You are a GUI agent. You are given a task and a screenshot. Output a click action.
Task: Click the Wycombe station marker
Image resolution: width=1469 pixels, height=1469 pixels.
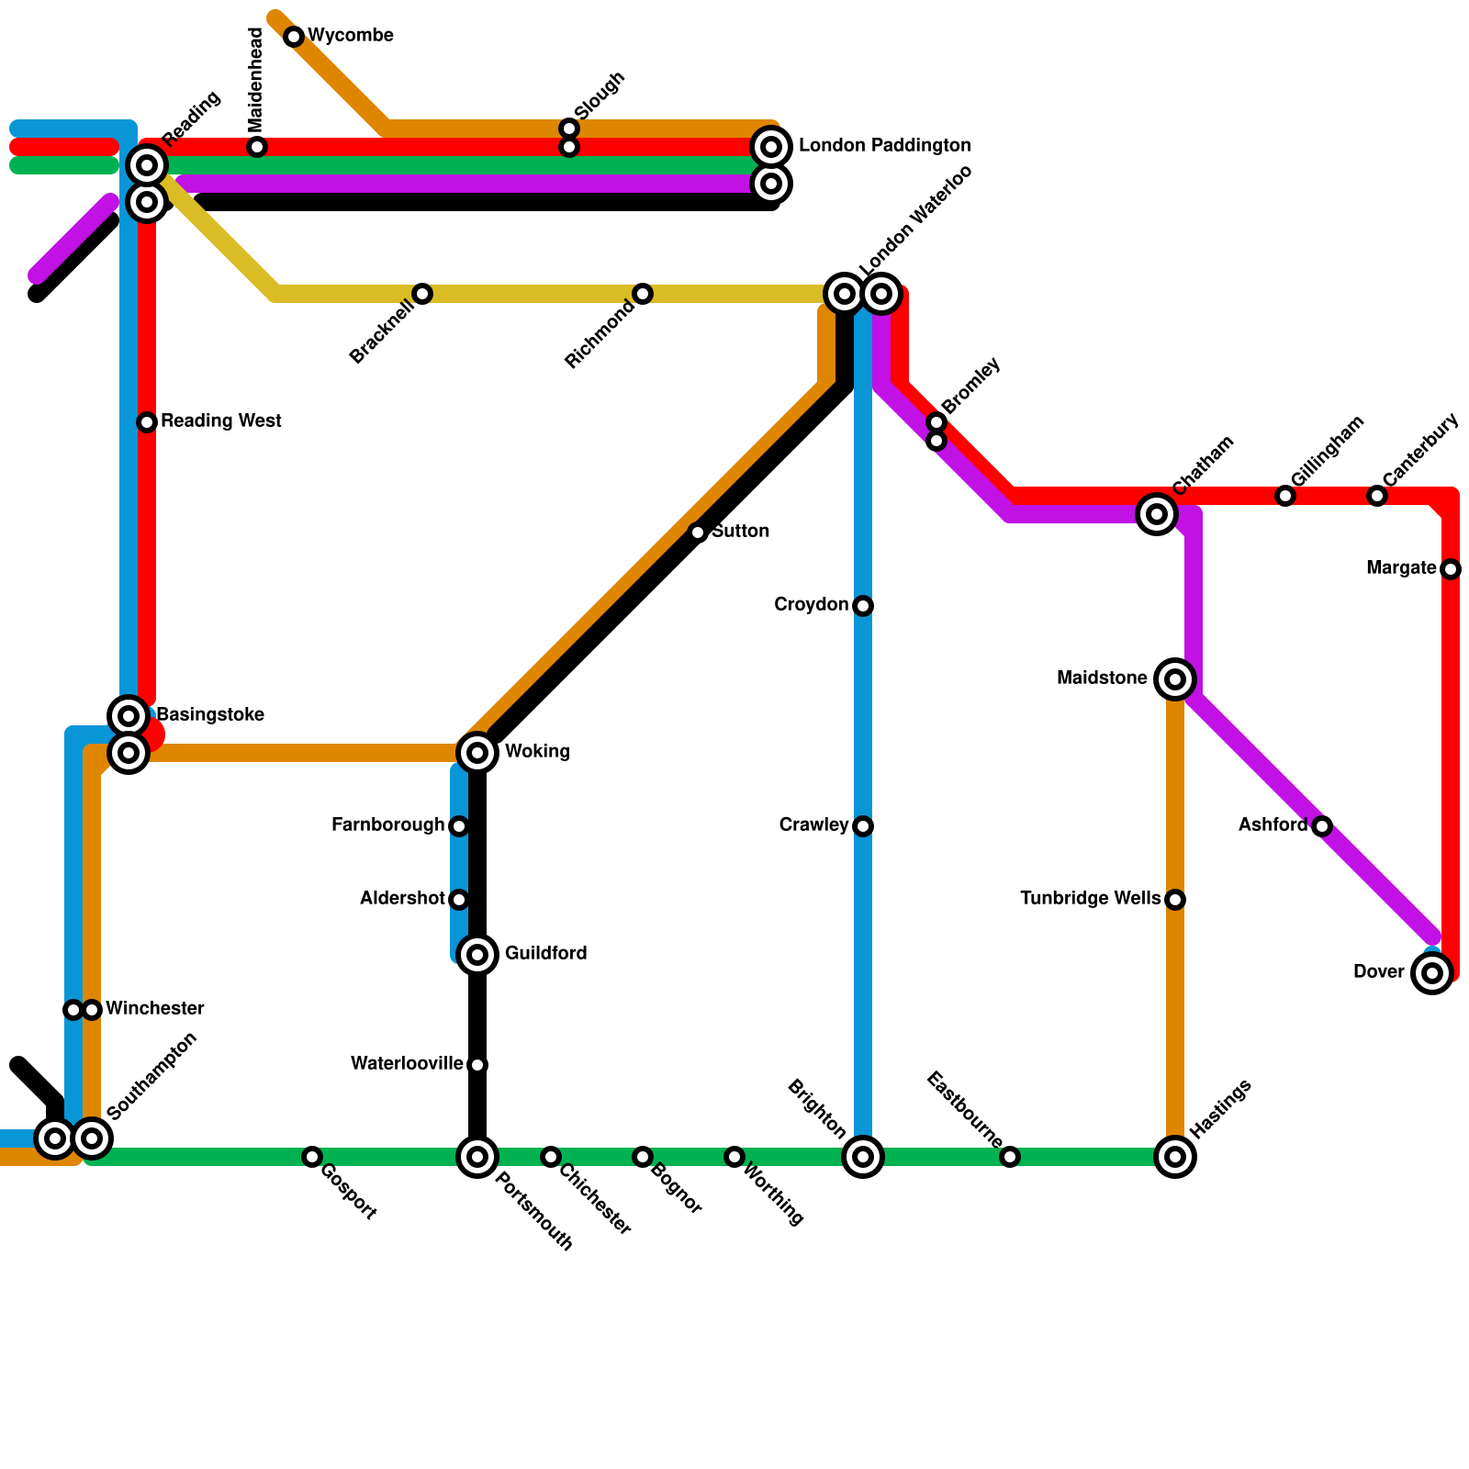pyautogui.click(x=294, y=37)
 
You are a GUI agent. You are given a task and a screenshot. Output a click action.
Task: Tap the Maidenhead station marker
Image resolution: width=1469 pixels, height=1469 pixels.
pyautogui.click(x=257, y=147)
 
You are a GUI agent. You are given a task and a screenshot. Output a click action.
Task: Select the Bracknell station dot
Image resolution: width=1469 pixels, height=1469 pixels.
pyautogui.click(x=422, y=294)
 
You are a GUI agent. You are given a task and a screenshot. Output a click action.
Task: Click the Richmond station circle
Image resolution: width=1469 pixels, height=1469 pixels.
pyautogui.click(x=643, y=294)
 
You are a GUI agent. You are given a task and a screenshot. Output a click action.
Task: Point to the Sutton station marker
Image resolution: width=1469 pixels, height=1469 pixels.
pyautogui.click(x=698, y=533)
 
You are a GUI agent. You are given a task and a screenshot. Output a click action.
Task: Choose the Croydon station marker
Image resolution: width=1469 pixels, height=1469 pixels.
pyautogui.click(x=863, y=606)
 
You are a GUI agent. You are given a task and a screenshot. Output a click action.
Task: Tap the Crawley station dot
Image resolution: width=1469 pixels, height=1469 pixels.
pyautogui.click(x=863, y=826)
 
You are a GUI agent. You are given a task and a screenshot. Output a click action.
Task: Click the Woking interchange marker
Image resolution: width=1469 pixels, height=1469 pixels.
pyautogui.click(x=477, y=753)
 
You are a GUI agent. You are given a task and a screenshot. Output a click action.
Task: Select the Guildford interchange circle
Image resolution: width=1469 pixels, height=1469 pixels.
pyautogui.click(x=477, y=955)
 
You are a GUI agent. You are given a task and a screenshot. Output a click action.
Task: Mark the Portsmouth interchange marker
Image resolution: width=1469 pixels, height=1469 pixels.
pyautogui.click(x=477, y=1157)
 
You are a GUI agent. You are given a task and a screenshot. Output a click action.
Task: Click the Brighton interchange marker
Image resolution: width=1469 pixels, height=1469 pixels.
pyautogui.click(x=863, y=1157)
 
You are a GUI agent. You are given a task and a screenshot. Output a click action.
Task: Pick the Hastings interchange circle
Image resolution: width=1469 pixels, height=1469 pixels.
pyautogui.click(x=1175, y=1157)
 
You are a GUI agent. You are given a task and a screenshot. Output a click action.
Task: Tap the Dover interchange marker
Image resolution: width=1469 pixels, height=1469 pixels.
pyautogui.click(x=1432, y=973)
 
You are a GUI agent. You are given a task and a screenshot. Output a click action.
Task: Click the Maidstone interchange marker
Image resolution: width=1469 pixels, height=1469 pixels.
pyautogui.click(x=1175, y=679)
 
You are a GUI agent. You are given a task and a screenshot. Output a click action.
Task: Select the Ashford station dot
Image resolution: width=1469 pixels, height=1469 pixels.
pyautogui.click(x=1322, y=826)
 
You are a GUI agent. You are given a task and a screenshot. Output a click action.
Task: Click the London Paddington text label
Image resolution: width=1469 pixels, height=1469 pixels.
pyautogui.click(x=884, y=146)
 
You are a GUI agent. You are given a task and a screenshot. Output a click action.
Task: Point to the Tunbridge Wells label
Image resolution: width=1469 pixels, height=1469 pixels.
pyautogui.click(x=1090, y=899)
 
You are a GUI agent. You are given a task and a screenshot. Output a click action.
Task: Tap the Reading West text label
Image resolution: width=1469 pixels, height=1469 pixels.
pyautogui.click(x=220, y=421)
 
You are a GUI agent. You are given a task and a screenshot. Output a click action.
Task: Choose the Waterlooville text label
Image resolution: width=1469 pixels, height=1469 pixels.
pyautogui.click(x=407, y=1064)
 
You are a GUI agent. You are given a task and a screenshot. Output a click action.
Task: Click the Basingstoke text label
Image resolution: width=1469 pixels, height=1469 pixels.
pyautogui.click(x=210, y=715)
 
